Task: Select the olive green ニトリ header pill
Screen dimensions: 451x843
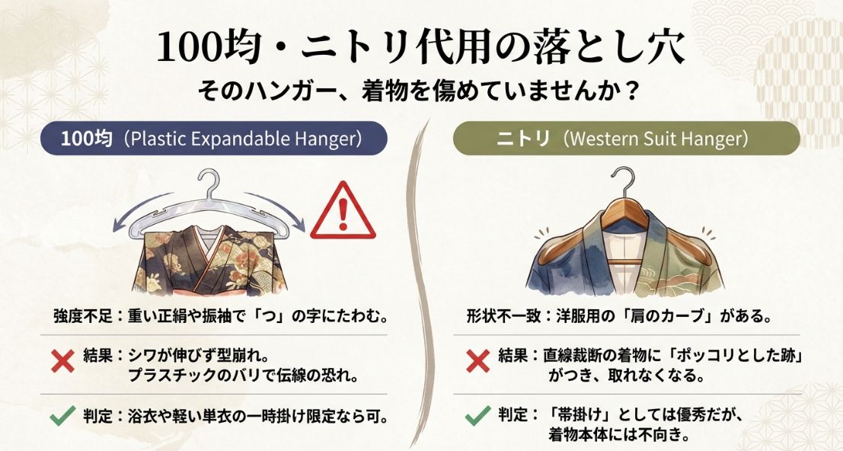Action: click(x=626, y=140)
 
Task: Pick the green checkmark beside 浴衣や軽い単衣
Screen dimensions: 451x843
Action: click(x=62, y=417)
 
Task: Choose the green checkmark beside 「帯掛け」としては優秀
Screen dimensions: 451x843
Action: click(x=477, y=417)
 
